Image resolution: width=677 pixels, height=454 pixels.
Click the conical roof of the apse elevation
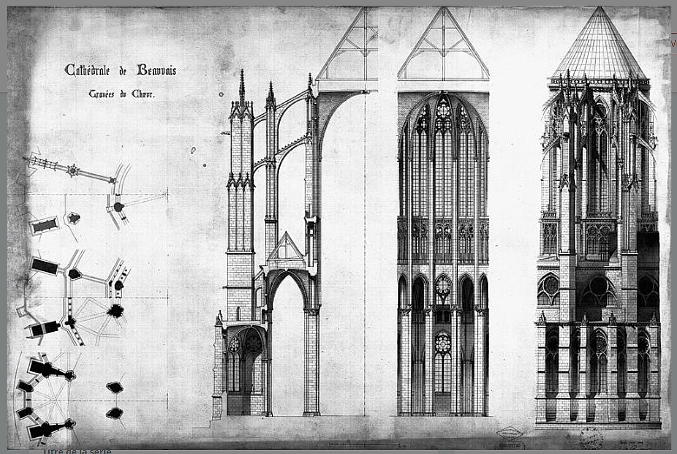pos(599,48)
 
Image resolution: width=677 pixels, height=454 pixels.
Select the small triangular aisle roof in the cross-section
pos(285,247)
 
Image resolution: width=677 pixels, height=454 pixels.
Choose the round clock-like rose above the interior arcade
pos(443,286)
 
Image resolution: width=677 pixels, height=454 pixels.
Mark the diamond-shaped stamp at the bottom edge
pos(509,432)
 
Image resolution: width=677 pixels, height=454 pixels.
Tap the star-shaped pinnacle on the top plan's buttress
pos(72,170)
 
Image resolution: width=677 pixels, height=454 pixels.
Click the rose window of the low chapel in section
pos(253,343)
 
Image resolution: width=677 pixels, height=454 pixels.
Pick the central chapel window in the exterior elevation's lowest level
pos(598,359)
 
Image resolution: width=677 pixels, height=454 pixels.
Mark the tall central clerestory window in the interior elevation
pos(443,163)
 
